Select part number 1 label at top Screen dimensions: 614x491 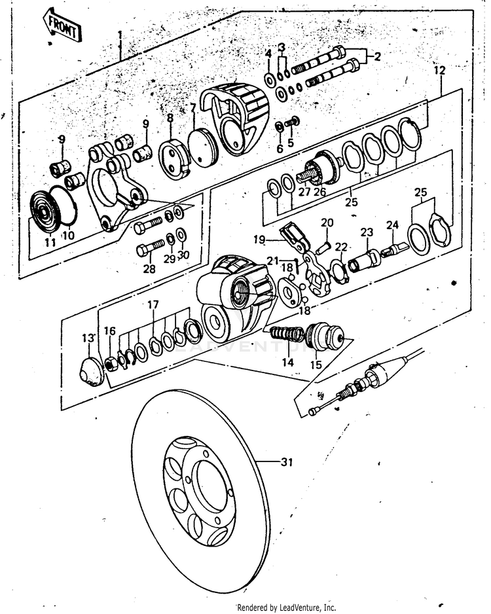[120, 34]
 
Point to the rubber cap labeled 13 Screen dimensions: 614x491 [91, 372]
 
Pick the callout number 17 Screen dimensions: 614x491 [153, 304]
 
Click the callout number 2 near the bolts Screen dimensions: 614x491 [377, 57]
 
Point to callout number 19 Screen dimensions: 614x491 [259, 239]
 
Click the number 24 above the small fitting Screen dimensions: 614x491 [391, 225]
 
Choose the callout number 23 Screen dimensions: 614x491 [366, 232]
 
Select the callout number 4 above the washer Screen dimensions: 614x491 [268, 53]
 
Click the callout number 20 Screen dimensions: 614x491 [327, 223]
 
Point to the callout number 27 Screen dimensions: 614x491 [304, 192]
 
